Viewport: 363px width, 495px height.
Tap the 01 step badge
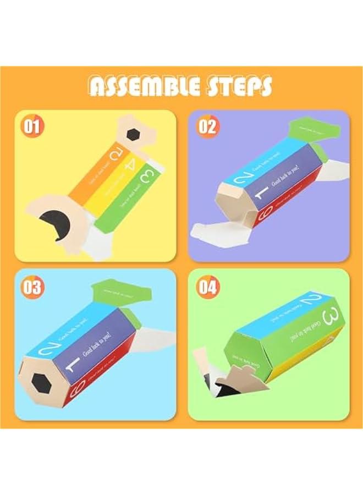pos(32,127)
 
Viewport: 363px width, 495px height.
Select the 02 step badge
pos(208,127)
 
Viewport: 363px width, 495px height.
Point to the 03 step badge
pos(32,287)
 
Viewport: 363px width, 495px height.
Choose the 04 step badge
pos(208,287)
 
